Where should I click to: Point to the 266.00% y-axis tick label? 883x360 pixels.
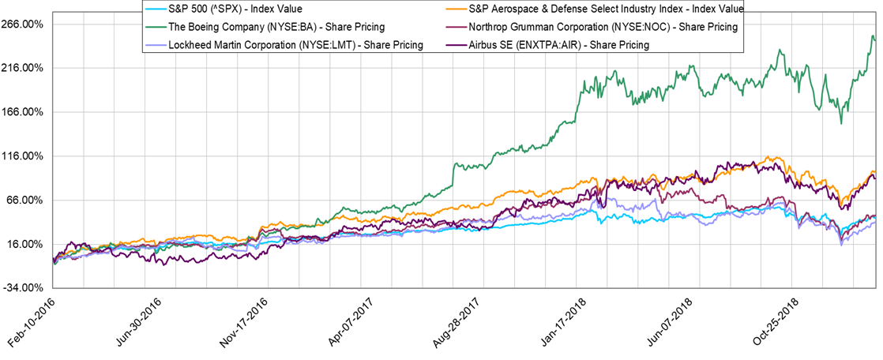coord(24,24)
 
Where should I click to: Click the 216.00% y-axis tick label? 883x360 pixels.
coord(24,69)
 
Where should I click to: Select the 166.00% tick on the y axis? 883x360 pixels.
coord(24,112)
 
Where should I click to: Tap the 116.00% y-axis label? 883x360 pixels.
coord(24,156)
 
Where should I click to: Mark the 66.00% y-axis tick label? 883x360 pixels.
coord(26,201)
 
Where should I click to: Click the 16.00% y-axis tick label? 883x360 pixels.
coord(26,245)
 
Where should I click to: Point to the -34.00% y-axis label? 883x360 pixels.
coord(24,288)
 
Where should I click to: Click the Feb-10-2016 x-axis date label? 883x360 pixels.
coord(30,320)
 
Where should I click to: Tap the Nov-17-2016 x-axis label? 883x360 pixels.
coord(241,320)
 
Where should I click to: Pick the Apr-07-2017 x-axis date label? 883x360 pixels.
coord(347,320)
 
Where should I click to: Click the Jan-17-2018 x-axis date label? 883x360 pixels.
coord(557,320)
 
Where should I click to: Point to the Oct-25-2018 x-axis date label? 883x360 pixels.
coord(768,320)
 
